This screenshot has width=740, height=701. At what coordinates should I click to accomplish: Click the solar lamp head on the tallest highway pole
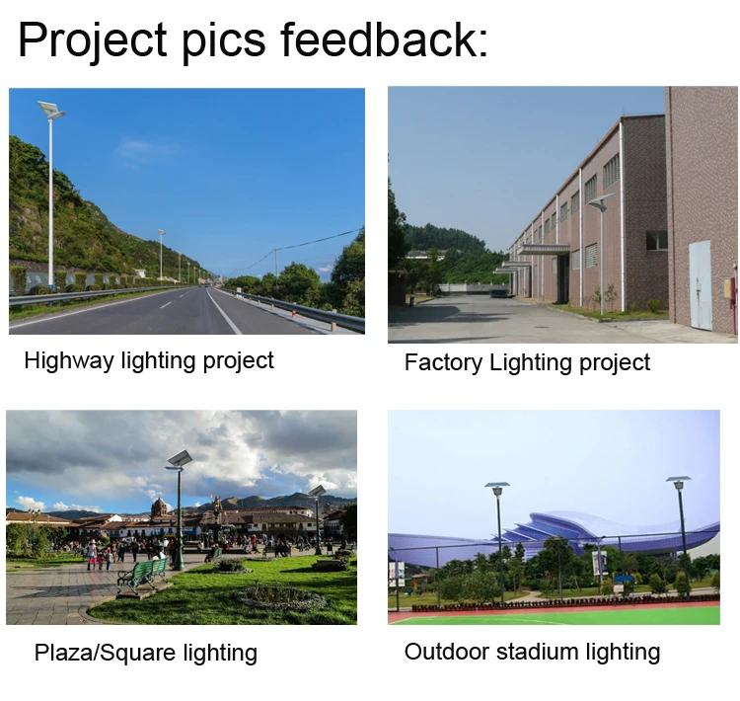pos(50,109)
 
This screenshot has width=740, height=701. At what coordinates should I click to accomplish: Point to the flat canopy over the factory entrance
pos(544,249)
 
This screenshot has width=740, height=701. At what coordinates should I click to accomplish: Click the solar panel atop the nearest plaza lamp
pos(179,458)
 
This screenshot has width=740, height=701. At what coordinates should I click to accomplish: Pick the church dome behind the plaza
pos(159,506)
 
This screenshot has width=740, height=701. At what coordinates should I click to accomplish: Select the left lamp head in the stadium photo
pos(497,487)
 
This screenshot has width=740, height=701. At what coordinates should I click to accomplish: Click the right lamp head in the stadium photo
pos(678,482)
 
